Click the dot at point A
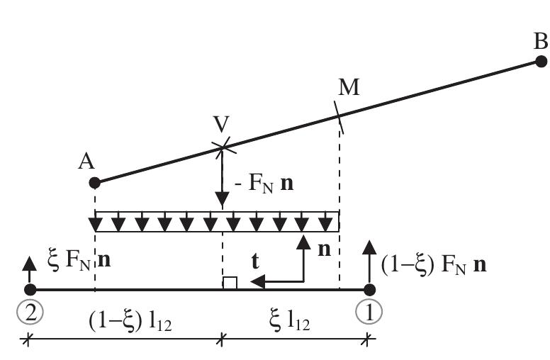95,183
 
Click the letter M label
349,88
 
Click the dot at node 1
369,290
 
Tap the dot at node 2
30,290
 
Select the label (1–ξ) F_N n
433,266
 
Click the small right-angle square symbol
229,283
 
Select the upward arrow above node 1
369,259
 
